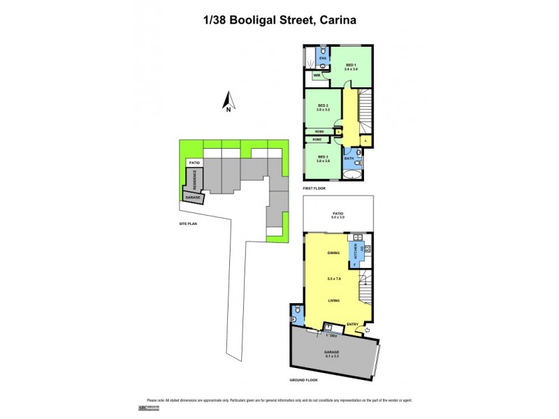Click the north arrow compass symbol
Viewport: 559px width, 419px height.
(x=228, y=103)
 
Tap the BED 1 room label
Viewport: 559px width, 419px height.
(x=351, y=66)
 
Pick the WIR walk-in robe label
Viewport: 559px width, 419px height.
(x=317, y=75)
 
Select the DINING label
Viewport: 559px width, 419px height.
(x=333, y=253)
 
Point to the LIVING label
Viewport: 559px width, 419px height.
(x=334, y=300)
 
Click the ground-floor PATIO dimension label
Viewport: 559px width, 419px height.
(x=338, y=215)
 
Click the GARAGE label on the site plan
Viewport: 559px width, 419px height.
(x=193, y=198)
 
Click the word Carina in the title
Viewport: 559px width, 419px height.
(x=337, y=20)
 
